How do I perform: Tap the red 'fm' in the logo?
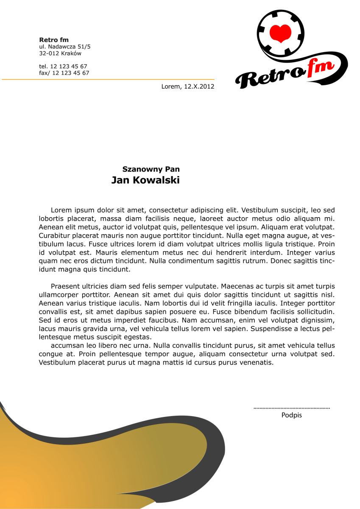tap(321, 68)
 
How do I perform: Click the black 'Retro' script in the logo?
tap(270, 77)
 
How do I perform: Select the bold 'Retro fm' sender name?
tap(54, 40)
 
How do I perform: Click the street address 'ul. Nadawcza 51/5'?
tap(64, 47)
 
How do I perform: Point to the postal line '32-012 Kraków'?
tap(60, 53)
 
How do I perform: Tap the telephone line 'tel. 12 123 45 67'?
tap(63, 66)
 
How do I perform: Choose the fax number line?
tap(64, 73)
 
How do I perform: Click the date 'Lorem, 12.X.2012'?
tap(188, 87)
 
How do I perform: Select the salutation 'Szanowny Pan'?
tap(151, 169)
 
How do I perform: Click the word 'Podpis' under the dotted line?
tap(292, 415)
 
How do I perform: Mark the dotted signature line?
tap(292, 408)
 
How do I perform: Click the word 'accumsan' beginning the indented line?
tap(66, 346)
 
